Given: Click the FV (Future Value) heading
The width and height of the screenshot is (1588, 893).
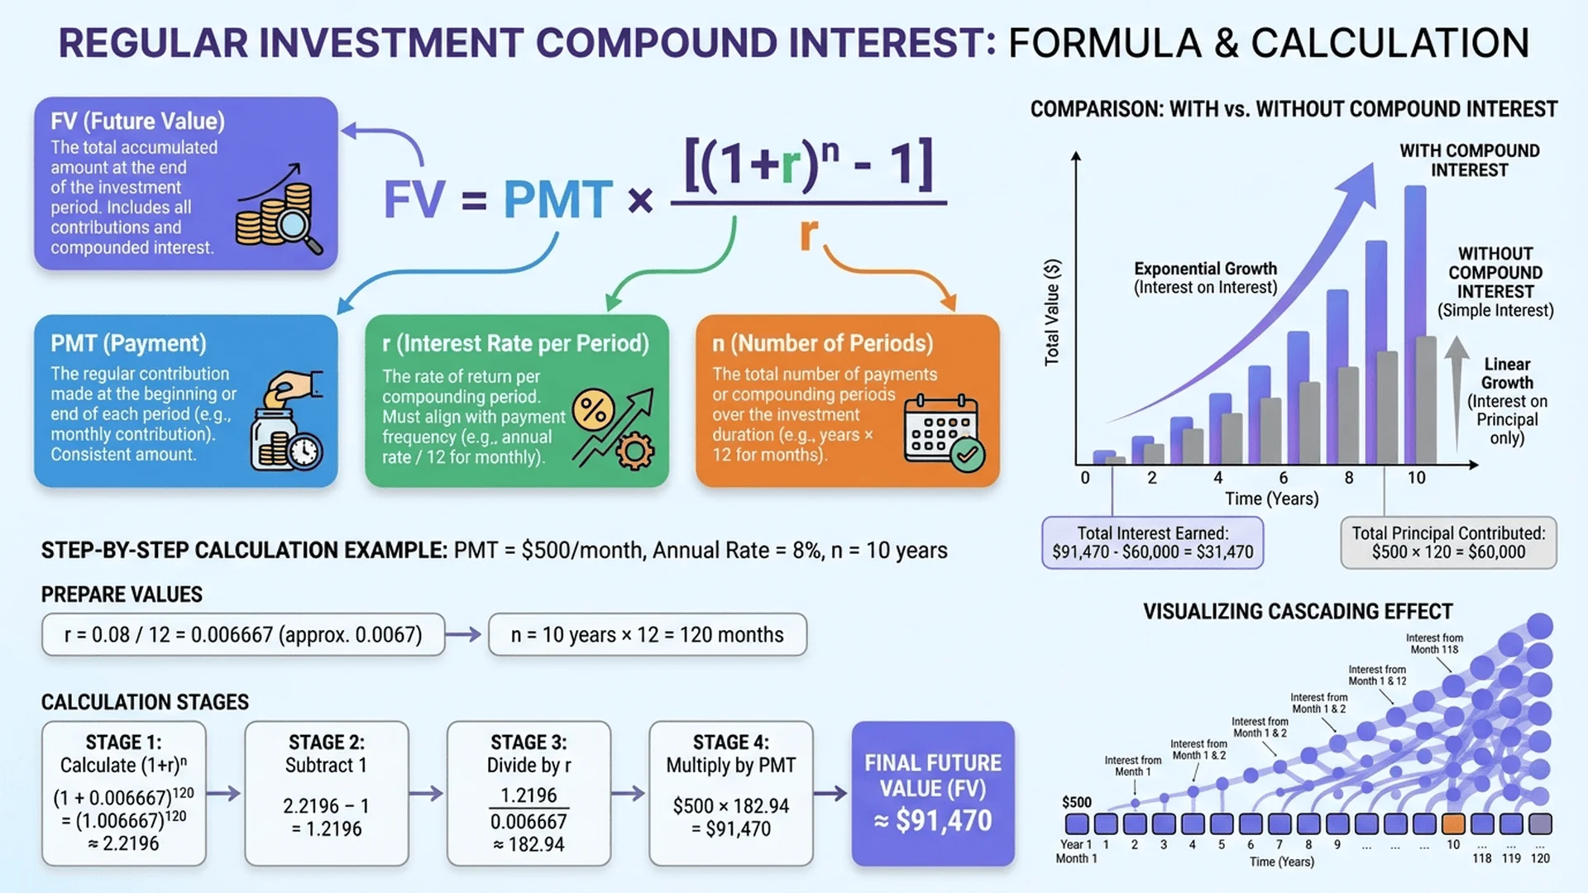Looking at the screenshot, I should pyautogui.click(x=137, y=122).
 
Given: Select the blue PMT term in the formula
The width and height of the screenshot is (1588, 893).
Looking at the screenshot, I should pyautogui.click(x=557, y=200).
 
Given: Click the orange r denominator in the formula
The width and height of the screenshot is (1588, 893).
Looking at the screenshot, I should pyautogui.click(x=808, y=235).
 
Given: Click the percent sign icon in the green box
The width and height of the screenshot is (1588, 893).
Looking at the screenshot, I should pyautogui.click(x=593, y=409).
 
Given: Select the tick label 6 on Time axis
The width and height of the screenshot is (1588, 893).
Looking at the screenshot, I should pyautogui.click(x=1283, y=478).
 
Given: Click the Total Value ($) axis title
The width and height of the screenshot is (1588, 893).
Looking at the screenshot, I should pyautogui.click(x=1051, y=312).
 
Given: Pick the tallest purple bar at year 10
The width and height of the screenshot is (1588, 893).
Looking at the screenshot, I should pyautogui.click(x=1415, y=322).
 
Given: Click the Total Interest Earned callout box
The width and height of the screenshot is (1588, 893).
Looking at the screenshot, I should pyautogui.click(x=1152, y=543).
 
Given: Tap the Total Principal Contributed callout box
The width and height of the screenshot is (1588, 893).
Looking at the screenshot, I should pyautogui.click(x=1448, y=543).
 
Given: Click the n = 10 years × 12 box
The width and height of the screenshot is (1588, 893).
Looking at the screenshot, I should pyautogui.click(x=647, y=635).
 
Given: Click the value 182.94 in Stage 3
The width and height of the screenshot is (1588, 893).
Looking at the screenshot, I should pyautogui.click(x=529, y=844).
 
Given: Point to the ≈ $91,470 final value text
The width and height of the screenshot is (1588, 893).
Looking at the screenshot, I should pyautogui.click(x=933, y=820).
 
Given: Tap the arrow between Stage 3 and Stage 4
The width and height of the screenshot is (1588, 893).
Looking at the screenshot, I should pyautogui.click(x=628, y=794).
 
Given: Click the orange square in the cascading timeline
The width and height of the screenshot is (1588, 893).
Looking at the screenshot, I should pyautogui.click(x=1453, y=824).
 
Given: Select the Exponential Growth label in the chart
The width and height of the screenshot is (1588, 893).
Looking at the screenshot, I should pyautogui.click(x=1205, y=278).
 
